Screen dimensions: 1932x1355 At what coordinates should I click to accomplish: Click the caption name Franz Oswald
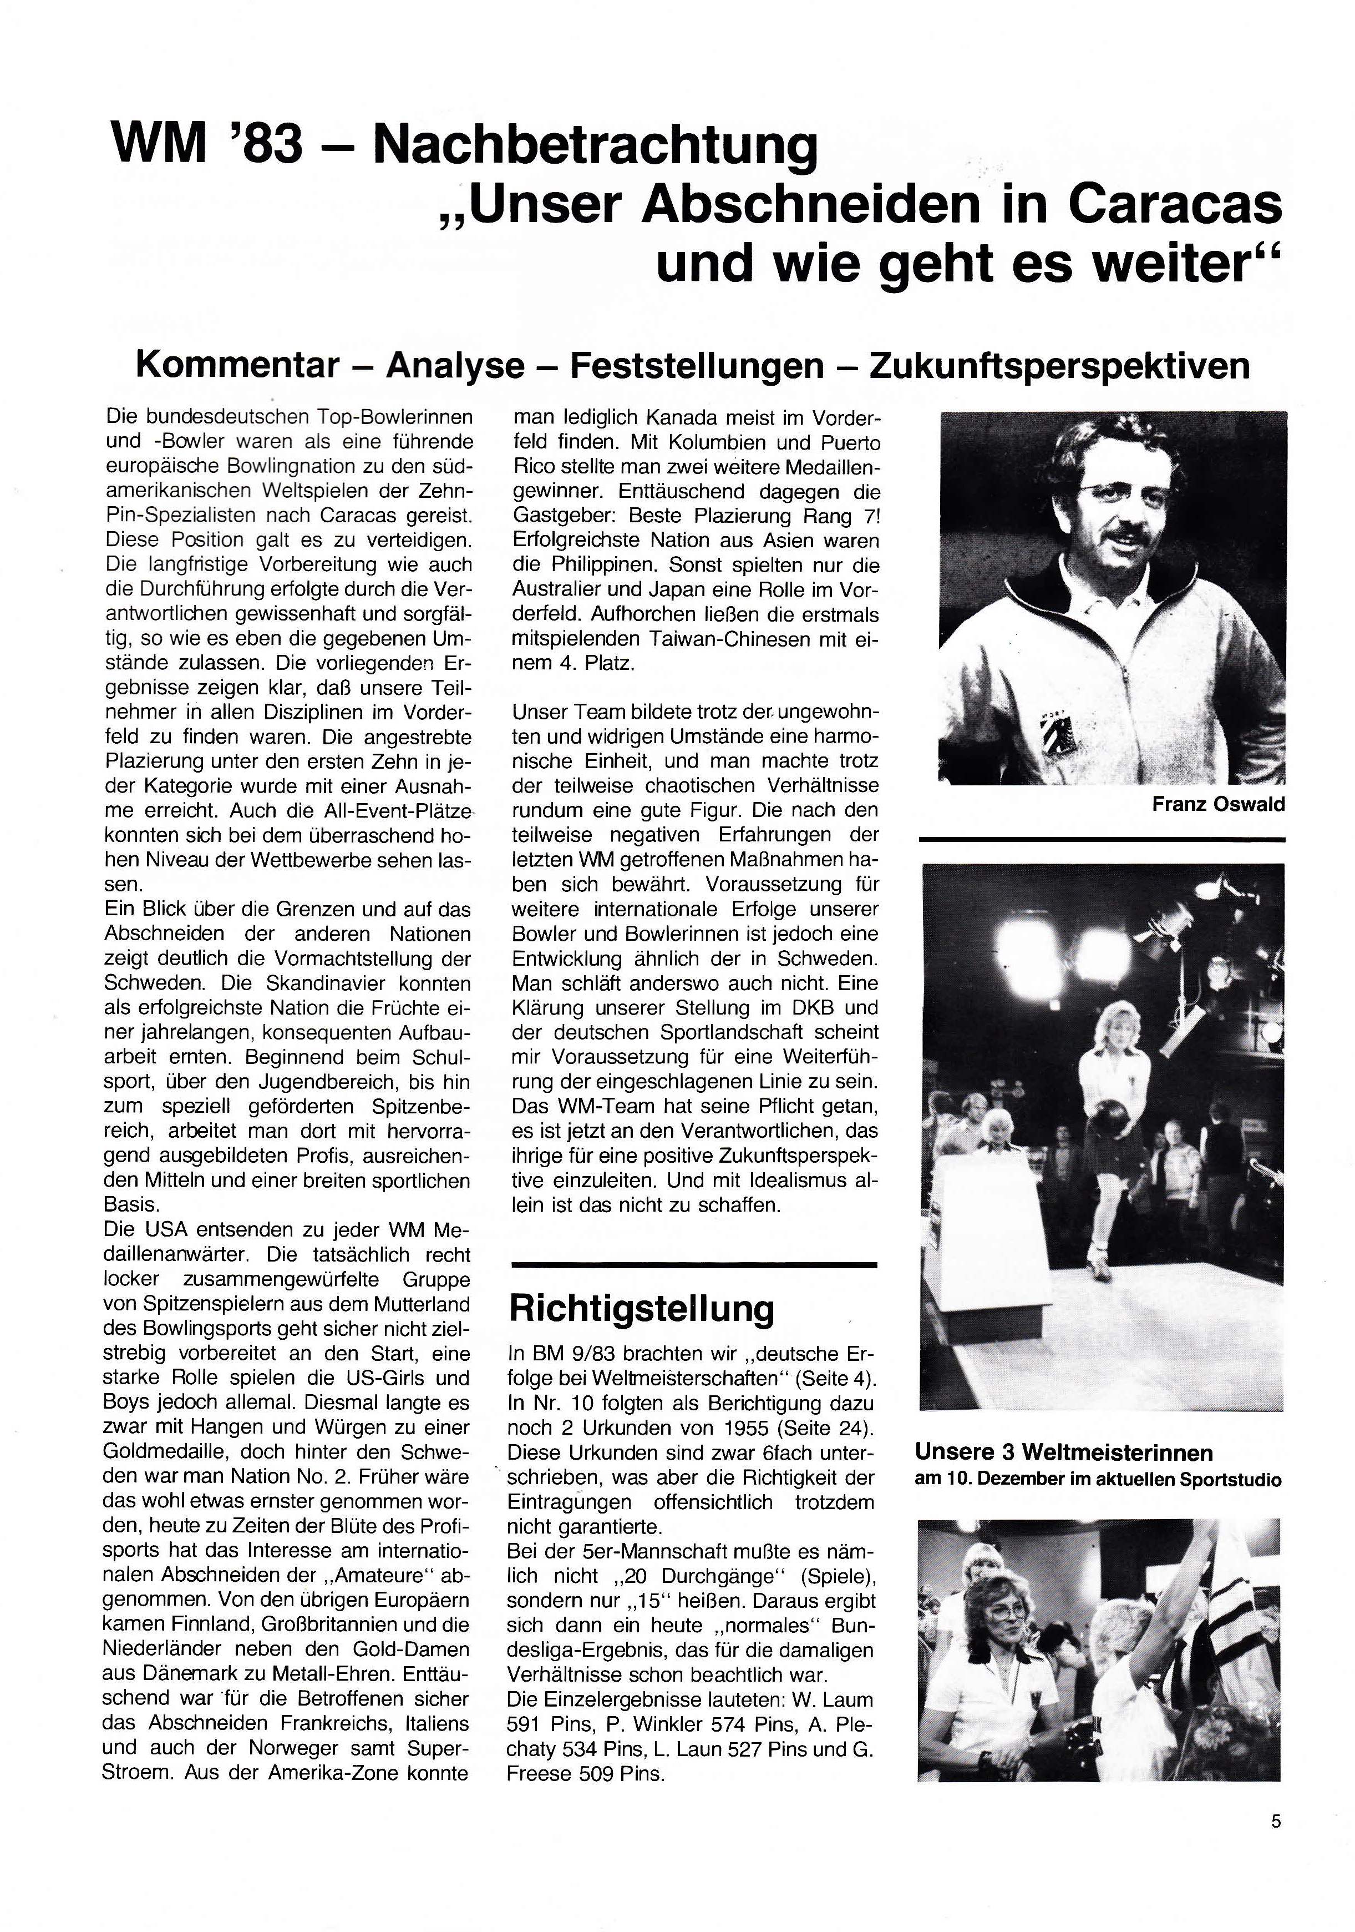tap(1217, 804)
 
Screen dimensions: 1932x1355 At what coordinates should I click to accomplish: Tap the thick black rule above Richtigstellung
tap(694, 1264)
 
